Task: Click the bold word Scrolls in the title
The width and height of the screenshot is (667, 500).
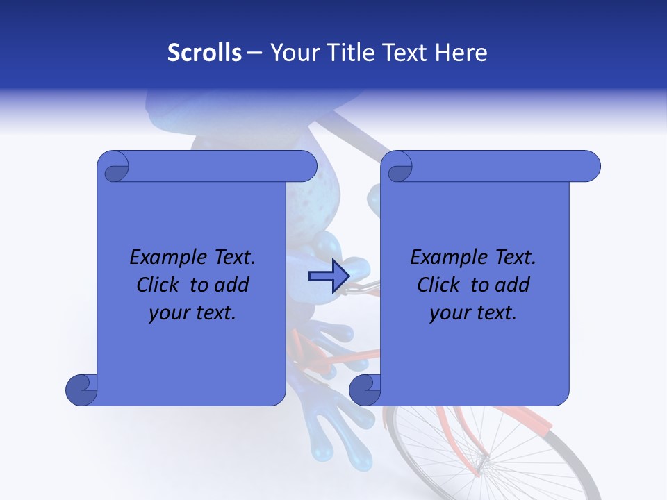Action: click(x=204, y=53)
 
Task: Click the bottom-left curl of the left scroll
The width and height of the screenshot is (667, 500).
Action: click(x=82, y=389)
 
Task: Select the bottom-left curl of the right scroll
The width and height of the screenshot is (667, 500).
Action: click(x=365, y=389)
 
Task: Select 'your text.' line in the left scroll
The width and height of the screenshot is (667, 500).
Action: click(x=192, y=313)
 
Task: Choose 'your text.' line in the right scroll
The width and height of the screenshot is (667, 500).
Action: click(x=473, y=313)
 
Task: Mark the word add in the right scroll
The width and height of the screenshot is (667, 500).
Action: click(x=513, y=285)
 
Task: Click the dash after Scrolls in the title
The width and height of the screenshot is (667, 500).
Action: click(x=254, y=53)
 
